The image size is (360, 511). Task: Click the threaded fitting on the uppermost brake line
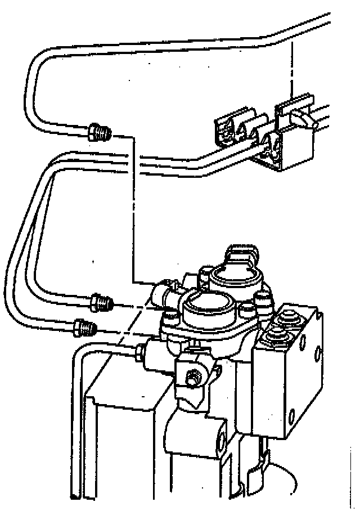pyautogui.click(x=100, y=133)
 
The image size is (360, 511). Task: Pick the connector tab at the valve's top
pyautogui.click(x=242, y=256)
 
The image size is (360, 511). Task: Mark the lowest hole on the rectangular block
pyautogui.click(x=291, y=415)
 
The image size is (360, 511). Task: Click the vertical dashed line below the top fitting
pyautogui.click(x=133, y=214)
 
